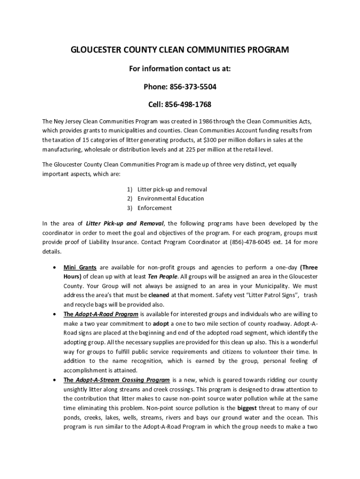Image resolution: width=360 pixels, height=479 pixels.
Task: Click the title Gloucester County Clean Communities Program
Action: coord(180,50)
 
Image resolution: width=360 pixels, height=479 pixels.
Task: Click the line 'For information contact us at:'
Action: coord(180,69)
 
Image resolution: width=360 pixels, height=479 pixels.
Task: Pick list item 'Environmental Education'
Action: coord(171,198)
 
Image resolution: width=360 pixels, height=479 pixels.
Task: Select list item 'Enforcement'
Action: coord(154,208)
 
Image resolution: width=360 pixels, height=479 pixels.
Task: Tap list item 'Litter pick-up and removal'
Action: coord(172,189)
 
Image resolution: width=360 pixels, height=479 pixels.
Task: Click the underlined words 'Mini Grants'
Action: coord(80,268)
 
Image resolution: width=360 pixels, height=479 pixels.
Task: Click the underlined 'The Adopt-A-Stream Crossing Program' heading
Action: coord(116,379)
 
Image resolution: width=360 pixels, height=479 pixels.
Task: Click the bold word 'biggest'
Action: coord(247,407)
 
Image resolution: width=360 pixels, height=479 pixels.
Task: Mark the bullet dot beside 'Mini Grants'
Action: coord(56,268)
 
